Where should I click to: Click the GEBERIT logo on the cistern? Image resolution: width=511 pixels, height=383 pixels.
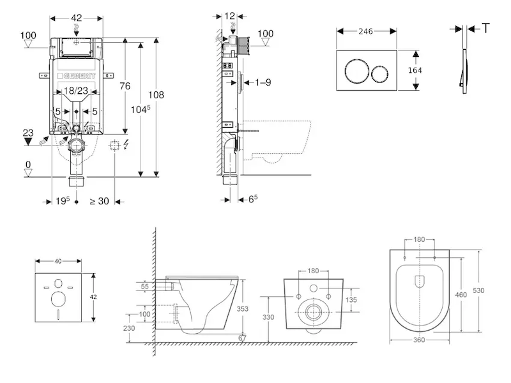coord(76,76)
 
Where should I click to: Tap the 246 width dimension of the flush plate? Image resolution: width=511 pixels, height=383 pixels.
coord(365,31)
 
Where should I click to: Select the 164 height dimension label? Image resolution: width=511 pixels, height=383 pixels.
coord(415,70)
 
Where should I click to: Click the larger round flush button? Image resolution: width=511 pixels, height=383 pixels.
coord(357,71)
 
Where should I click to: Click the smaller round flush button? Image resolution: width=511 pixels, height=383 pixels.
coord(380,74)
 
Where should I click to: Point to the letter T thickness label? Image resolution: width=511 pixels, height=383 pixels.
coord(485,28)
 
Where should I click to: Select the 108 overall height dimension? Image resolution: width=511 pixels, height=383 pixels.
coord(156,94)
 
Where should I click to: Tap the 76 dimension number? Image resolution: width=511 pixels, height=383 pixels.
coord(125,86)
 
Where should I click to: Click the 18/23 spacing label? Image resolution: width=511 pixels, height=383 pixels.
coord(76,90)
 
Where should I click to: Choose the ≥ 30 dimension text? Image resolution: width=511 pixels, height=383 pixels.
coord(100,201)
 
